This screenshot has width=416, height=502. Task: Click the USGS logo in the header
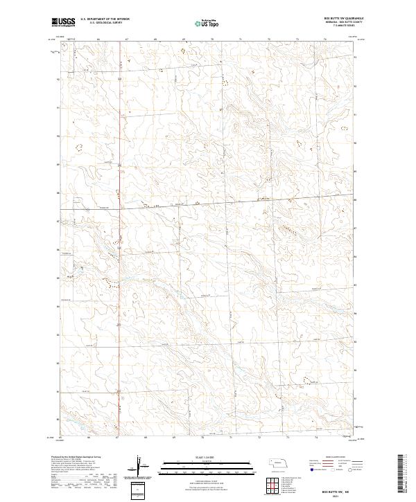63,22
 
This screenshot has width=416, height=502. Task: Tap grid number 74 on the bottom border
324,438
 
